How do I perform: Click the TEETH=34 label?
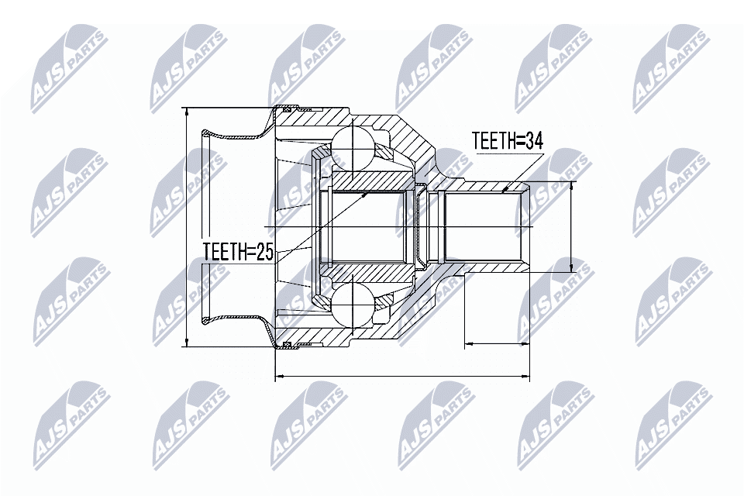click(x=508, y=140)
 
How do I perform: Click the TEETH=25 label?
click(x=238, y=251)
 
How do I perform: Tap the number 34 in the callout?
click(x=532, y=140)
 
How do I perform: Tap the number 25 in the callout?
click(x=263, y=251)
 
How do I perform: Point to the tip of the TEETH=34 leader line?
click(x=505, y=188)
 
